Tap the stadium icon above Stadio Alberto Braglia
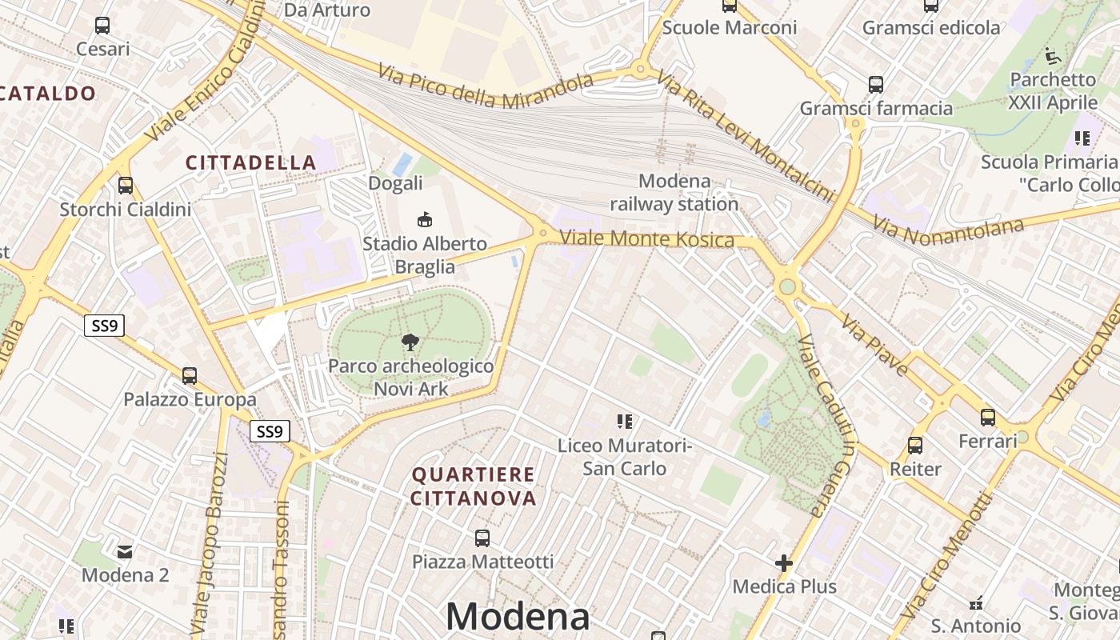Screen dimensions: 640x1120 425,219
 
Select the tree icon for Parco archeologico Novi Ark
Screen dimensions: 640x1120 410,342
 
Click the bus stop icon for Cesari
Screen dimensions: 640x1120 102,26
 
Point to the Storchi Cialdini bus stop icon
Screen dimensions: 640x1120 126,186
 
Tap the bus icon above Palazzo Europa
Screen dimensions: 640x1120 190,375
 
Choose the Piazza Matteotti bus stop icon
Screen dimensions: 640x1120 482,538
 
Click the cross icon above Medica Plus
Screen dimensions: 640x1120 784,563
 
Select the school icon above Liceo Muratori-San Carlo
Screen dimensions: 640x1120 625,421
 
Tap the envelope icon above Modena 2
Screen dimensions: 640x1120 126,551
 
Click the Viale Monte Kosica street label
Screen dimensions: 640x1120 646,238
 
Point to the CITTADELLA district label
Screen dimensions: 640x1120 251,162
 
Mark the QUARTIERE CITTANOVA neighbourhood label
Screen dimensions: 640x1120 474,486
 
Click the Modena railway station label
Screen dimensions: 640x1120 674,193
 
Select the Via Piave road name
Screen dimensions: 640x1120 874,345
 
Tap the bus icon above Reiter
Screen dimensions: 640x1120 915,445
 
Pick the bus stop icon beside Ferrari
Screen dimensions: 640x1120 988,417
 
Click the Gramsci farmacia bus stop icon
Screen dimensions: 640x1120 876,84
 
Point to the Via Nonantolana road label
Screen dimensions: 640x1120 948,230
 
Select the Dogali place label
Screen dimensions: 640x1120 395,183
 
